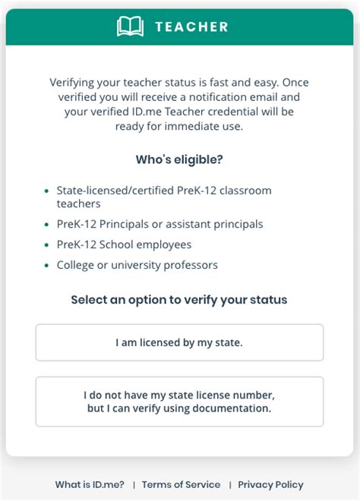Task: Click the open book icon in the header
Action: (x=130, y=27)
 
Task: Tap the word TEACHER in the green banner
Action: (x=191, y=27)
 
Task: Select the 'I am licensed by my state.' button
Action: (x=179, y=342)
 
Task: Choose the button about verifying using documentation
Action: (x=179, y=402)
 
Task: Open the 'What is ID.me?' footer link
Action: (x=90, y=484)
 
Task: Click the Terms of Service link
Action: (x=181, y=484)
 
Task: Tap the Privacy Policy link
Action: (x=270, y=484)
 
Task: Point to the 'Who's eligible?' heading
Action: (x=179, y=159)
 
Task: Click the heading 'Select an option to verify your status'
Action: (x=179, y=299)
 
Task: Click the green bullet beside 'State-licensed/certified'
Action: (x=46, y=191)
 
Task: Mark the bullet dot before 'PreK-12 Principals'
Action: (x=46, y=224)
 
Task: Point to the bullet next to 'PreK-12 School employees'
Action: (x=46, y=245)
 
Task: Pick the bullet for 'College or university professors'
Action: (x=46, y=266)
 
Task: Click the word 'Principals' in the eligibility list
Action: (x=127, y=224)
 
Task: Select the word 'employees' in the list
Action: (x=163, y=244)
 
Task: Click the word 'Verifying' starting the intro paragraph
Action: (x=74, y=82)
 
